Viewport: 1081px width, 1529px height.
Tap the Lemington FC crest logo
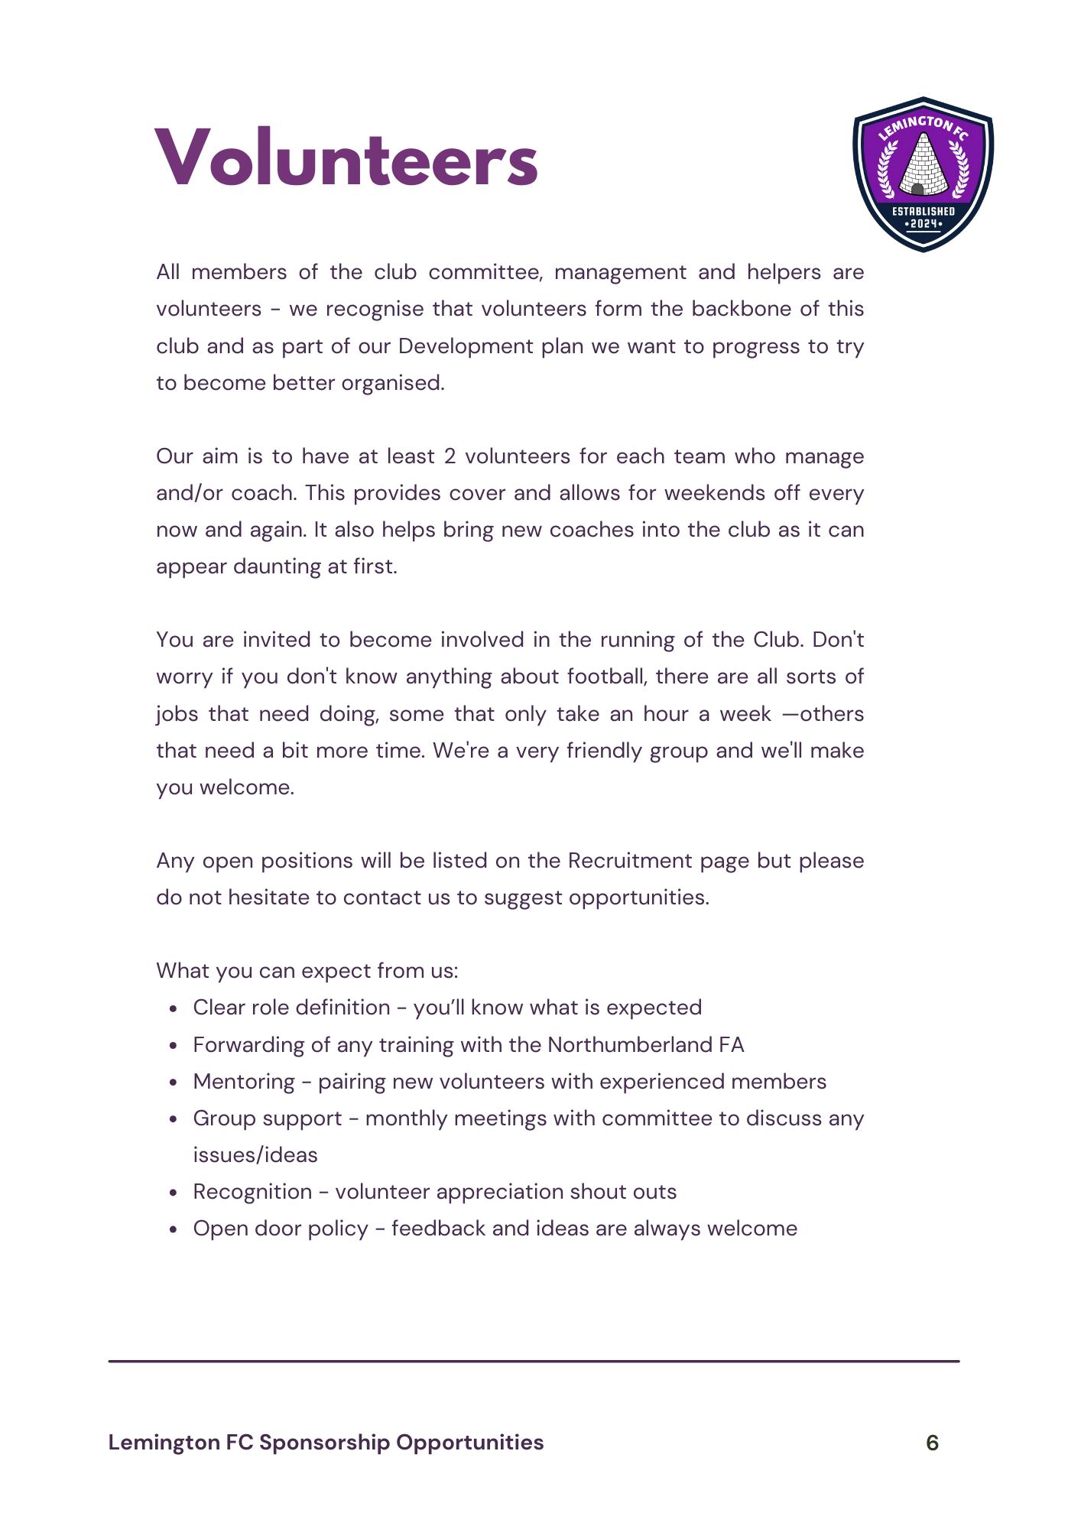tap(923, 174)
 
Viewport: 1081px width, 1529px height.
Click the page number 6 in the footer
tap(932, 1443)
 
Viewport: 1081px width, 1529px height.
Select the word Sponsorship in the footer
tap(324, 1443)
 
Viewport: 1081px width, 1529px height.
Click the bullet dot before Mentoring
tap(175, 1083)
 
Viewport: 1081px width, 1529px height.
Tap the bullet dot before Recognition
tap(175, 1193)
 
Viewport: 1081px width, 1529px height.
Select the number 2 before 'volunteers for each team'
tap(450, 456)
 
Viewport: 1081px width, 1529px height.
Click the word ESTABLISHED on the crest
tap(924, 211)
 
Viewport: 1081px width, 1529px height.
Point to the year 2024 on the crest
tap(924, 224)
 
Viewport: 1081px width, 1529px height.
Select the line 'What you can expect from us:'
tap(307, 971)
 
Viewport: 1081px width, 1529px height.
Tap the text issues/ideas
tap(255, 1155)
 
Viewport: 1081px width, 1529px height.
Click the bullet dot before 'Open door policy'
tap(175, 1229)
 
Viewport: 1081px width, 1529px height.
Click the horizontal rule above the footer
tap(534, 1361)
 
